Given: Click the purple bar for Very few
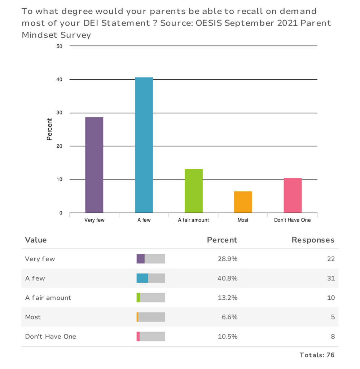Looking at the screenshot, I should pos(94,165).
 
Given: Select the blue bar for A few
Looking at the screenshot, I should pos(144,145).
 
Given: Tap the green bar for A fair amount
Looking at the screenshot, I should pos(194,191).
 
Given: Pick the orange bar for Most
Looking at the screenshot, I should pos(243,202).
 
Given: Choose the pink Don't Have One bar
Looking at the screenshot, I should pos(293,195).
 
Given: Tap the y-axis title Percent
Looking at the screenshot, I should pos(49,129).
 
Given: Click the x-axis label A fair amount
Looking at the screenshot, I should pos(193,220).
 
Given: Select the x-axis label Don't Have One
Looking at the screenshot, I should pos(292,220).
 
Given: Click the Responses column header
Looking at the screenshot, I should pos(313,240).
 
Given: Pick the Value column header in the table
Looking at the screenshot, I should pos(36,240).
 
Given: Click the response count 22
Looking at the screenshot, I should pos(331,259).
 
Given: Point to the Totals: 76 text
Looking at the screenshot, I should pos(317,355).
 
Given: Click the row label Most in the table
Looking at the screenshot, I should pos(33,317).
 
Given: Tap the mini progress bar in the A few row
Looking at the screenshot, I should pos(151,278).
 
